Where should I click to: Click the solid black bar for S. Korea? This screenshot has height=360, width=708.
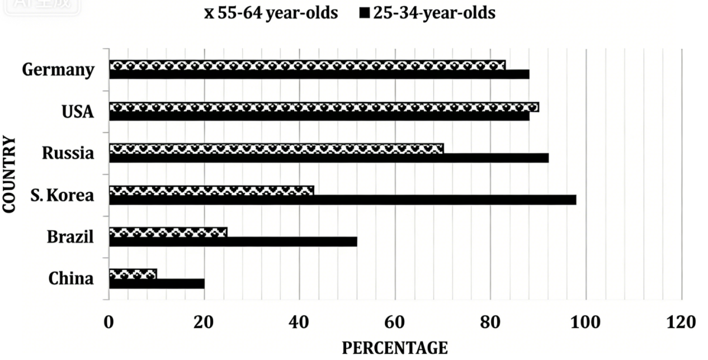(343, 200)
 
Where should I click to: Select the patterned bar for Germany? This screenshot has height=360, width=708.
(307, 65)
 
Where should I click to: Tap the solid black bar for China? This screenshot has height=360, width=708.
(157, 284)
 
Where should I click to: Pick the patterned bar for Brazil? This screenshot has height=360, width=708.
(168, 233)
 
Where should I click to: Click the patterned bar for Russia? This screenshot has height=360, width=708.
(277, 149)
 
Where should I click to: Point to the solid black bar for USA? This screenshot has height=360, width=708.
(319, 116)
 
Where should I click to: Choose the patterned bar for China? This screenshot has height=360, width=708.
(133, 274)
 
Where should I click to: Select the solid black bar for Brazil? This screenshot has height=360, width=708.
(233, 242)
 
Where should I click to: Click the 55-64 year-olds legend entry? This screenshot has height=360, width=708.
(271, 13)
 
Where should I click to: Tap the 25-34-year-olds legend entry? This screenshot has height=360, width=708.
(428, 13)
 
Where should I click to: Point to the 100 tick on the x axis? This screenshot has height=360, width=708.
(586, 323)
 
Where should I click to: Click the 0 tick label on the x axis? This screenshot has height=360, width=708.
(108, 323)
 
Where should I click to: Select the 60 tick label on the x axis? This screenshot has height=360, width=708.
(394, 323)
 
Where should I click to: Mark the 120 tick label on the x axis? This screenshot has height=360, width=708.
(681, 323)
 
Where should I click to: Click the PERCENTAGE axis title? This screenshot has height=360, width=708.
(395, 348)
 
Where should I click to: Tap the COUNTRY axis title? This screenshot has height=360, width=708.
(9, 174)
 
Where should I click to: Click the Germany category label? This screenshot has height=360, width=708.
(58, 69)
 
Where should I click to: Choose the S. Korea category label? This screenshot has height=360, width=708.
(62, 195)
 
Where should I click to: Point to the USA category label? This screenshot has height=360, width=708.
(78, 112)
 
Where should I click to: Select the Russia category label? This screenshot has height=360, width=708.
(68, 153)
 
